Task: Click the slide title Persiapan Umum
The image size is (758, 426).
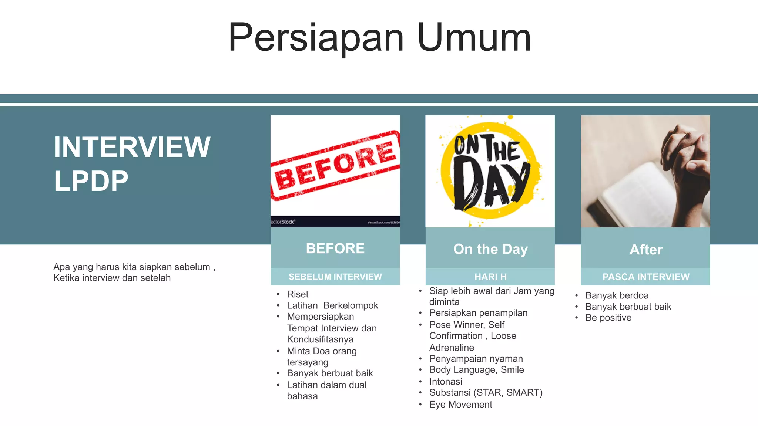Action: pos(379,38)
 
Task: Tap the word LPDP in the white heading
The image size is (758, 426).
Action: pos(91,181)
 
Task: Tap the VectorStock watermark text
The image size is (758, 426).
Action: pos(283,222)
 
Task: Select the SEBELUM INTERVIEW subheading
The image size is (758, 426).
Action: pos(335,277)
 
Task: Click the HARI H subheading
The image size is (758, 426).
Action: pos(490,277)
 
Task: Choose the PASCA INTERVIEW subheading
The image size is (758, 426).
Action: pos(646,277)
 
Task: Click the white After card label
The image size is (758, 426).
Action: pos(646,250)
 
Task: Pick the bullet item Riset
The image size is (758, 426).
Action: pos(298,294)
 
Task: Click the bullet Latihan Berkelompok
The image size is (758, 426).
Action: pos(332,305)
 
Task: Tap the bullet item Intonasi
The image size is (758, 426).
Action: pos(446,381)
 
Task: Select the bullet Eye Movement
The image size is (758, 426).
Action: pos(460,405)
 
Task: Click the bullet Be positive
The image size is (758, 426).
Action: pos(608,318)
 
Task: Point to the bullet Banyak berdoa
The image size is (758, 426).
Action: pos(617,295)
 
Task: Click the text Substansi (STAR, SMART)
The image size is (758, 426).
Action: pos(486,392)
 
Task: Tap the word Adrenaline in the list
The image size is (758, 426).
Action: pos(452,348)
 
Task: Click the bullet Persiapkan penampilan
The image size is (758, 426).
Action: pos(478,313)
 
